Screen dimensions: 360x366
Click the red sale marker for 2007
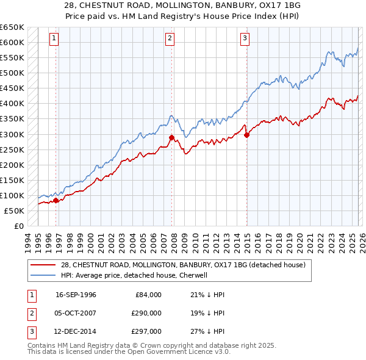click(171, 137)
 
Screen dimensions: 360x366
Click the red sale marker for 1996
click(56, 200)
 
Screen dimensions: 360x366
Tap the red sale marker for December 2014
click(246, 135)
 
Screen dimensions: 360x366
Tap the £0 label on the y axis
click(18, 226)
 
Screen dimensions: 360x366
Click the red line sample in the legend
click(43, 264)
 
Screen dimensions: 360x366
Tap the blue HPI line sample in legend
click(43, 275)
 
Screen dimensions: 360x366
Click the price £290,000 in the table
click(146, 313)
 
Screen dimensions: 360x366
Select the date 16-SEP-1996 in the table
click(76, 295)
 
